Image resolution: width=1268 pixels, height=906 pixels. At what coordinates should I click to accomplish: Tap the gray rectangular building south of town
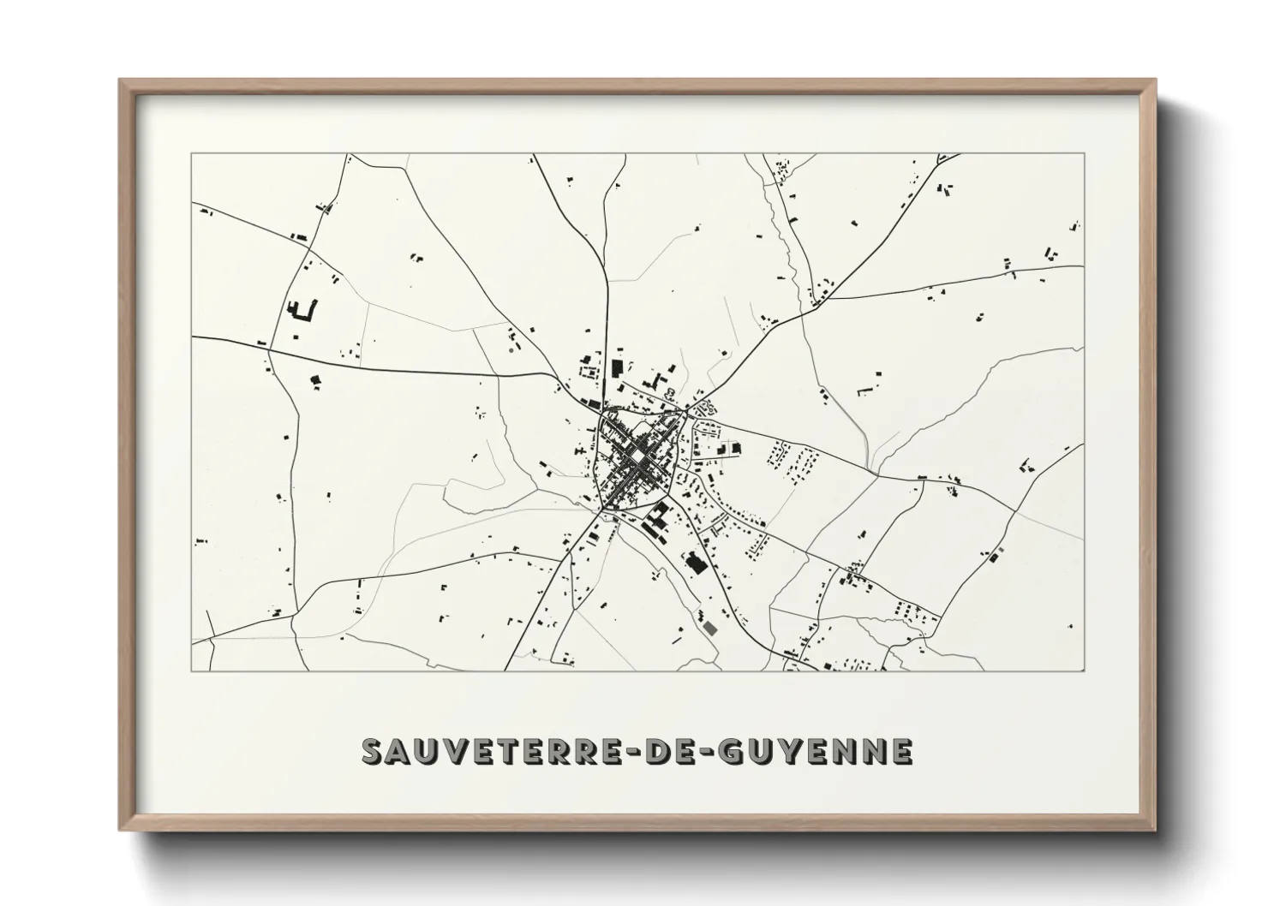[x=709, y=628]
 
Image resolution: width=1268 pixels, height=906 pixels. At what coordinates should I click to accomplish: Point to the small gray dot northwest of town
[x=511, y=349]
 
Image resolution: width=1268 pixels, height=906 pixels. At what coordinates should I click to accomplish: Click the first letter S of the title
[x=374, y=751]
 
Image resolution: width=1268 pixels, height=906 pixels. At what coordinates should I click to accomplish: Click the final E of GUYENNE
[x=900, y=751]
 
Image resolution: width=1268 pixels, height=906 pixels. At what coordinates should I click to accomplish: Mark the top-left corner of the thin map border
[x=191, y=153]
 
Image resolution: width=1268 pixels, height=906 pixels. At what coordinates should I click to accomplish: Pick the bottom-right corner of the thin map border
[x=1085, y=671]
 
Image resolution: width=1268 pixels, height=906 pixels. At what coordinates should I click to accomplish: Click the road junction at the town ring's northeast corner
[x=686, y=414]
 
